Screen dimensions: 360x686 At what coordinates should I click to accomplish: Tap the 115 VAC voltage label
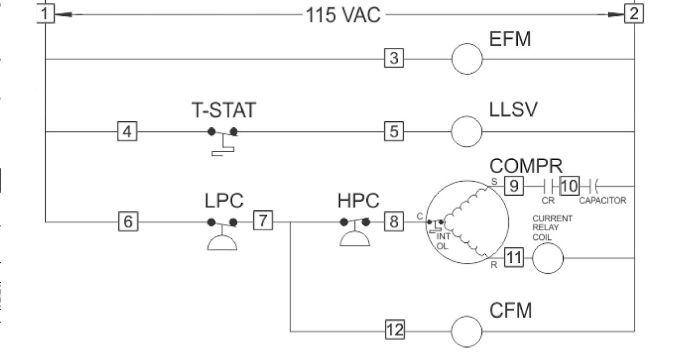(343, 15)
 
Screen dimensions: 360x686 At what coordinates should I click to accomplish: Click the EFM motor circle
(467, 59)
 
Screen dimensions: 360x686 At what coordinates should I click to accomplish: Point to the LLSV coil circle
(467, 131)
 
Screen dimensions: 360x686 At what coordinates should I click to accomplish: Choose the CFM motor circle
(467, 331)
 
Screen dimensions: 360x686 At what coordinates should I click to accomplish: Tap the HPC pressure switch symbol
(354, 231)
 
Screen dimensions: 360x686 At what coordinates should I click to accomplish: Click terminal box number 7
(263, 221)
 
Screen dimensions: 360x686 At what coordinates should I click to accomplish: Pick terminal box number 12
(394, 330)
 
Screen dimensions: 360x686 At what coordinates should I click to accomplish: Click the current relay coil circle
(548, 258)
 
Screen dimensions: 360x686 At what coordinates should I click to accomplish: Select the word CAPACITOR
(603, 201)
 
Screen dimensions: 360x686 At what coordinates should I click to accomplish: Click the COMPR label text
(526, 166)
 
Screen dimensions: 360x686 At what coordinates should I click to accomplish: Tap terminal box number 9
(513, 186)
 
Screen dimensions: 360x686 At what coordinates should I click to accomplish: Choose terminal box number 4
(127, 131)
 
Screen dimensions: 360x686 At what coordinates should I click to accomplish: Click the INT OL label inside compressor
(443, 241)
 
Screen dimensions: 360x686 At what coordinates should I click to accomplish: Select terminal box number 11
(513, 258)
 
